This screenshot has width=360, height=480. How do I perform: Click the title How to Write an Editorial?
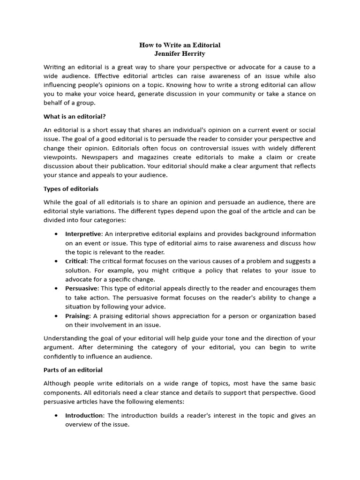pyautogui.click(x=180, y=45)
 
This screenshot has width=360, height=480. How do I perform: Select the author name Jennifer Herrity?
pyautogui.click(x=180, y=54)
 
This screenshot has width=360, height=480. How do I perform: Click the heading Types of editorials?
pyautogui.click(x=71, y=189)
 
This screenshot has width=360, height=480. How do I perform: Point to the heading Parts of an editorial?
pyautogui.click(x=73, y=370)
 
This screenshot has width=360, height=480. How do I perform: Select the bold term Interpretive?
pyautogui.click(x=83, y=234)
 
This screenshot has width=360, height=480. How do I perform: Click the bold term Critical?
pyautogui.click(x=76, y=261)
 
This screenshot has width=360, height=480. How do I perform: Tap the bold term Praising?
pyautogui.click(x=77, y=316)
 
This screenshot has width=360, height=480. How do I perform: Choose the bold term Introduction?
pyautogui.click(x=84, y=415)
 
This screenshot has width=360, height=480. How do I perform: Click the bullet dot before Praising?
pyautogui.click(x=56, y=316)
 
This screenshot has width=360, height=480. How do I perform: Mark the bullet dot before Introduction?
pyautogui.click(x=56, y=415)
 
